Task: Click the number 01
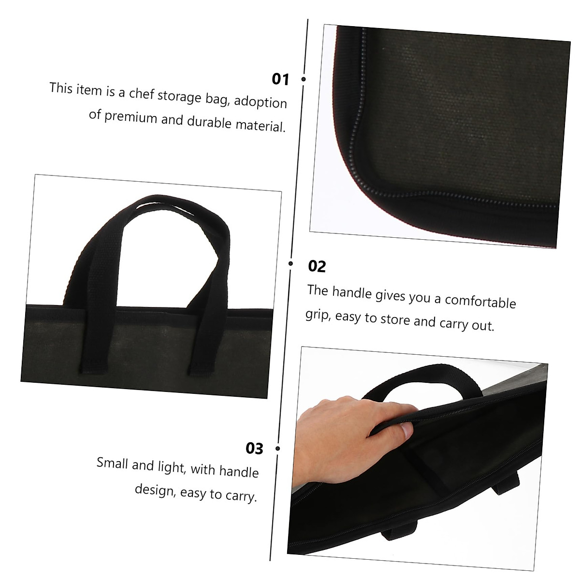click(280, 79)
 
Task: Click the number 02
click(317, 266)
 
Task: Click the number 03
click(254, 448)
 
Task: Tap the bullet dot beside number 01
click(304, 79)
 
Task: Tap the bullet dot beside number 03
click(277, 449)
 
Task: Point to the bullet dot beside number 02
click(291, 263)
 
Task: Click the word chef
click(141, 93)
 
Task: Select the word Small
click(112, 463)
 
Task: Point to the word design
click(154, 490)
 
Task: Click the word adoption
click(261, 101)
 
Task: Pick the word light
click(171, 466)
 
